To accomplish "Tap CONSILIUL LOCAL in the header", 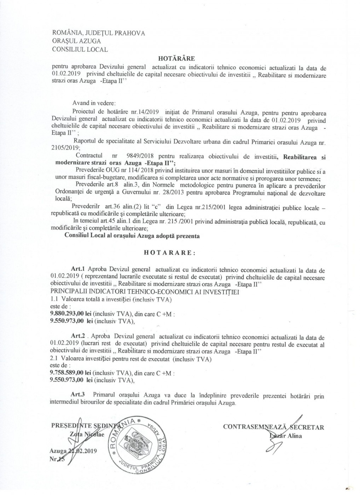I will tap(80, 49).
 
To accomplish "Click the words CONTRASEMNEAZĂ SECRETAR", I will tap(273, 427).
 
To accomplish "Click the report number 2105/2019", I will tap(66, 148).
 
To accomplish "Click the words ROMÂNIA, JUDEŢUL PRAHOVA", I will tap(98, 33).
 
